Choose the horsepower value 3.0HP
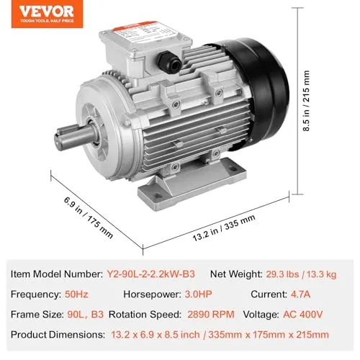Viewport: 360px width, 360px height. [x=220, y=294]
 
